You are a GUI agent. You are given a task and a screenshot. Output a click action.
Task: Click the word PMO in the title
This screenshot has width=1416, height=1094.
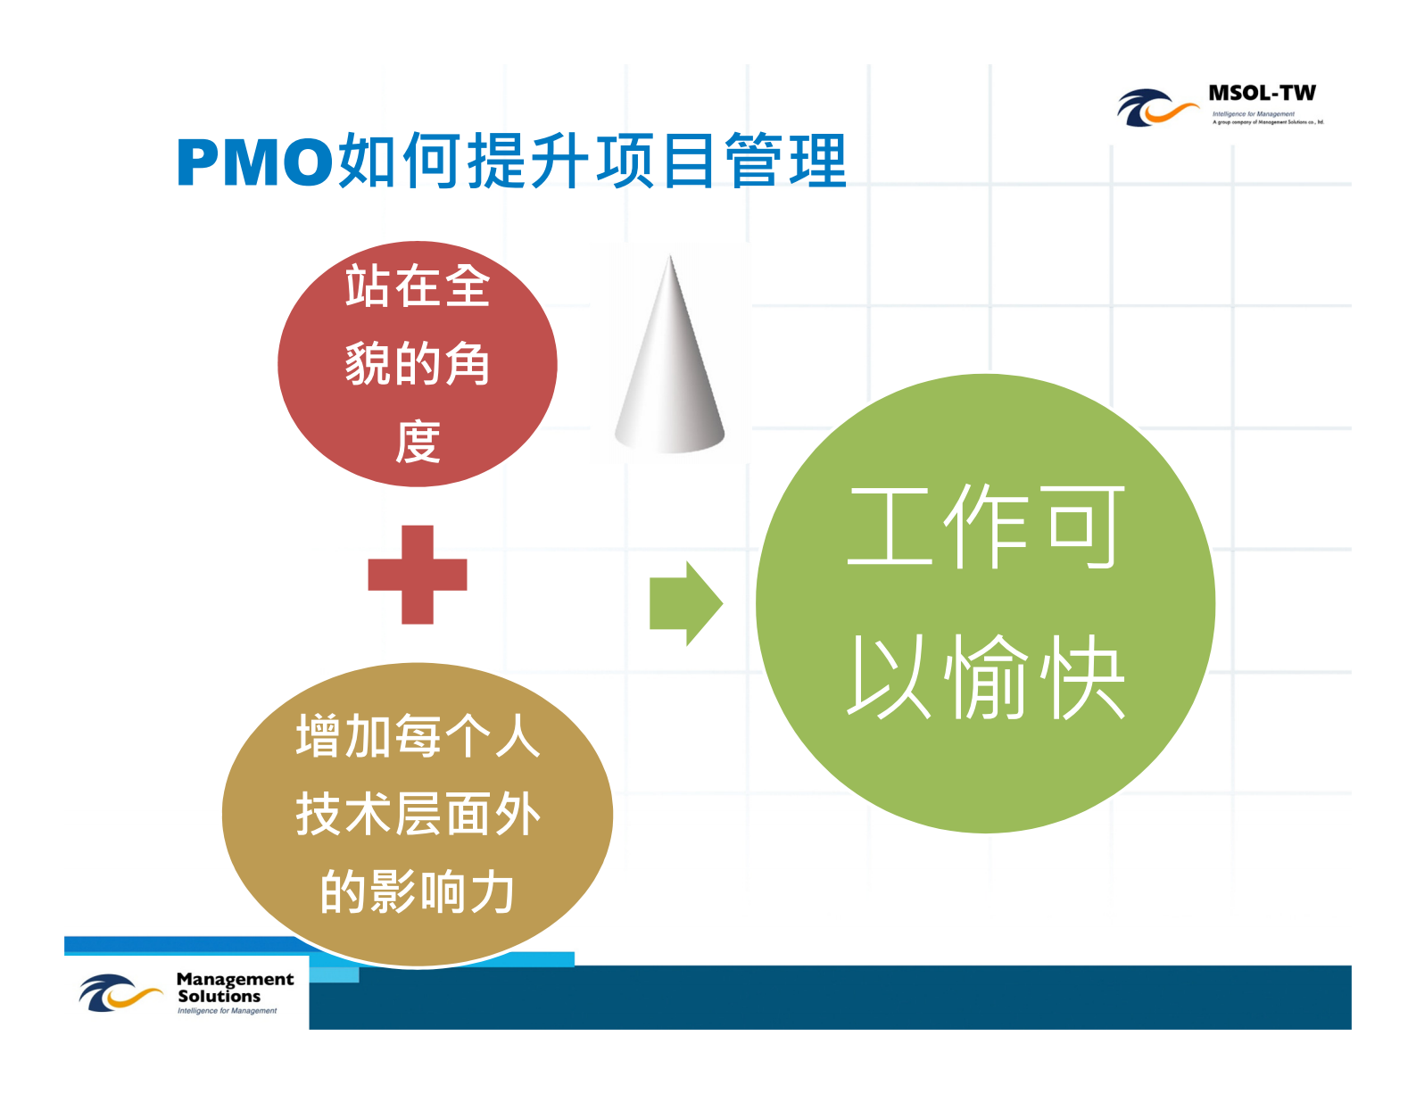point(254,162)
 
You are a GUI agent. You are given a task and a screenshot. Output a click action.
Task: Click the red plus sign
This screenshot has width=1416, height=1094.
point(418,575)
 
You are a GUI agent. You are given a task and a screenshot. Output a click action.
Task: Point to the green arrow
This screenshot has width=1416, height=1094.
point(685,603)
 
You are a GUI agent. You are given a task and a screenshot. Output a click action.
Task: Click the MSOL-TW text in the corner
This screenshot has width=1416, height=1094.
point(1262,93)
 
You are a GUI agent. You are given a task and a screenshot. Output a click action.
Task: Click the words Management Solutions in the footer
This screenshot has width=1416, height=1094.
point(234,987)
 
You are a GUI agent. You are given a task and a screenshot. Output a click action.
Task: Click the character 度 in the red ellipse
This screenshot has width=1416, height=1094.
point(418,442)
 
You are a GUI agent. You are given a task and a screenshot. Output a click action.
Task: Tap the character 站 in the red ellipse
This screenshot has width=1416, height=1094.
point(368,286)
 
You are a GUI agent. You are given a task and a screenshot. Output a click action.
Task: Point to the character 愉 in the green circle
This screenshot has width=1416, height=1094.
point(987,678)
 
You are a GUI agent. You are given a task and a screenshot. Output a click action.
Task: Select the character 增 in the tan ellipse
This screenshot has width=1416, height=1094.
point(318,737)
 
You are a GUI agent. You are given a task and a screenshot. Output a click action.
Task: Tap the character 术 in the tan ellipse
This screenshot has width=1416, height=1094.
point(368,815)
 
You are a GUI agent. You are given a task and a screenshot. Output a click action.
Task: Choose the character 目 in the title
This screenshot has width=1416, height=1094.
point(688,161)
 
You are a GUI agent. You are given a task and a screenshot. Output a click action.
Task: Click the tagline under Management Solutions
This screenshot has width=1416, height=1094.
point(227,1011)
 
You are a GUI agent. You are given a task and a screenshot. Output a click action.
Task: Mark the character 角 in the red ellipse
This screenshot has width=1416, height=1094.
point(468,364)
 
